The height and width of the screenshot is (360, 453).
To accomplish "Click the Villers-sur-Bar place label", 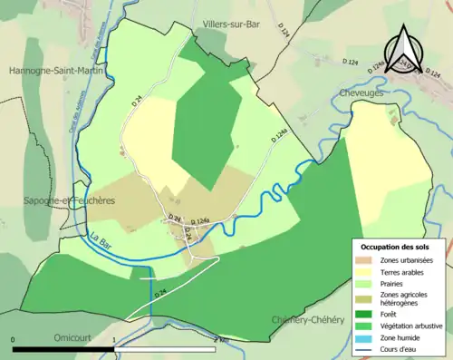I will [232, 24].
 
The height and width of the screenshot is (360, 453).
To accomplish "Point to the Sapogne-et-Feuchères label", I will [57, 201].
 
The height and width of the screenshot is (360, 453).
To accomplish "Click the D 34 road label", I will [176, 217].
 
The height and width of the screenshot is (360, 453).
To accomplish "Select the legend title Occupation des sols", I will [397, 246].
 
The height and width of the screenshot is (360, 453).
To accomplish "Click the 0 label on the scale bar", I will [14, 340].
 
